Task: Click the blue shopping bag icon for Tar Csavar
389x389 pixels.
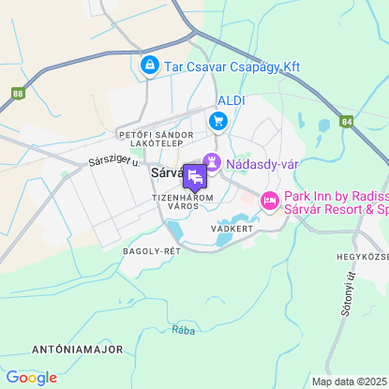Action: tap(149, 66)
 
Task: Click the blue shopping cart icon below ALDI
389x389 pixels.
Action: tap(218, 120)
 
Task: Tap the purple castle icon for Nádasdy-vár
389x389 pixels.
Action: tap(213, 163)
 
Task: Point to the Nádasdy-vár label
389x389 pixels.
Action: tap(262, 164)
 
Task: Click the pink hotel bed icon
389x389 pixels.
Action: tap(269, 201)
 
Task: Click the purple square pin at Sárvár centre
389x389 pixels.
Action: tap(195, 176)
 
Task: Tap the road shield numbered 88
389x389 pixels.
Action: tap(20, 94)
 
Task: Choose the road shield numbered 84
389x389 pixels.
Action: tap(347, 121)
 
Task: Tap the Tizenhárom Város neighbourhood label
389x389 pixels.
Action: tap(183, 202)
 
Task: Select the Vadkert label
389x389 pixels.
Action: tap(232, 228)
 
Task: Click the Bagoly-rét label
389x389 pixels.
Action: tap(151, 251)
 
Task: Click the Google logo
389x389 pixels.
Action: tap(31, 378)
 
